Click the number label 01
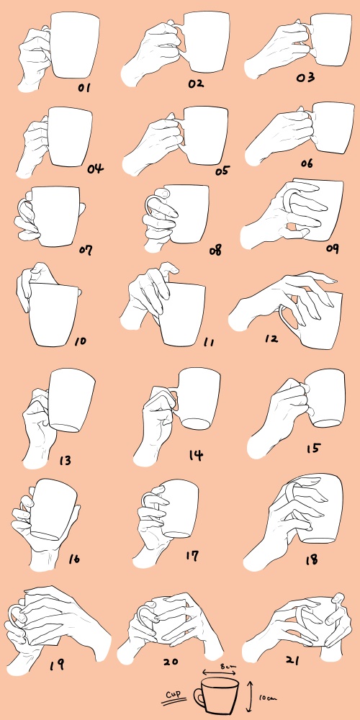tap(84, 87)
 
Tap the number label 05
tap(222, 171)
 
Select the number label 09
tap(333, 248)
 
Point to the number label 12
tap(271, 339)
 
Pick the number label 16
tap(74, 559)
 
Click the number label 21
tap(292, 660)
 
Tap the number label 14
tap(196, 455)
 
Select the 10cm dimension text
tap(268, 698)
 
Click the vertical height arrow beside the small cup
tap(251, 696)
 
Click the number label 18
tap(311, 559)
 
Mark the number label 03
tap(305, 77)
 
